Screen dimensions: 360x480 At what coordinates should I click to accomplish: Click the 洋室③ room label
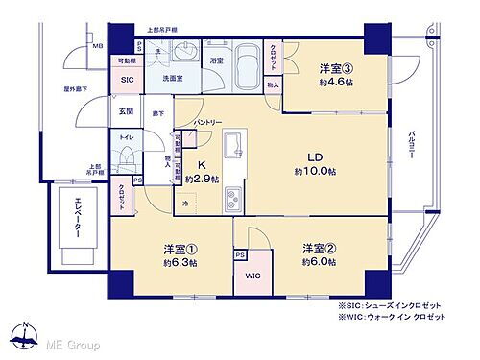337,68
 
